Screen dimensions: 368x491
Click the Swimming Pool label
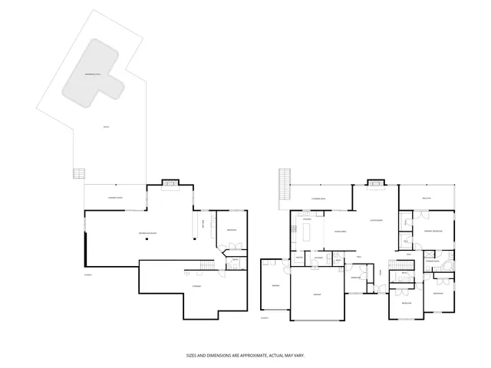94,75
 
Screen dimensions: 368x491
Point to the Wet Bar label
203,224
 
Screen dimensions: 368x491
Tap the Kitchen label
306,220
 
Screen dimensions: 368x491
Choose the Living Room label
375,220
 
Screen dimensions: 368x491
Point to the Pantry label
298,257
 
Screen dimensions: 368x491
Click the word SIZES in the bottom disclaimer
193,355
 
